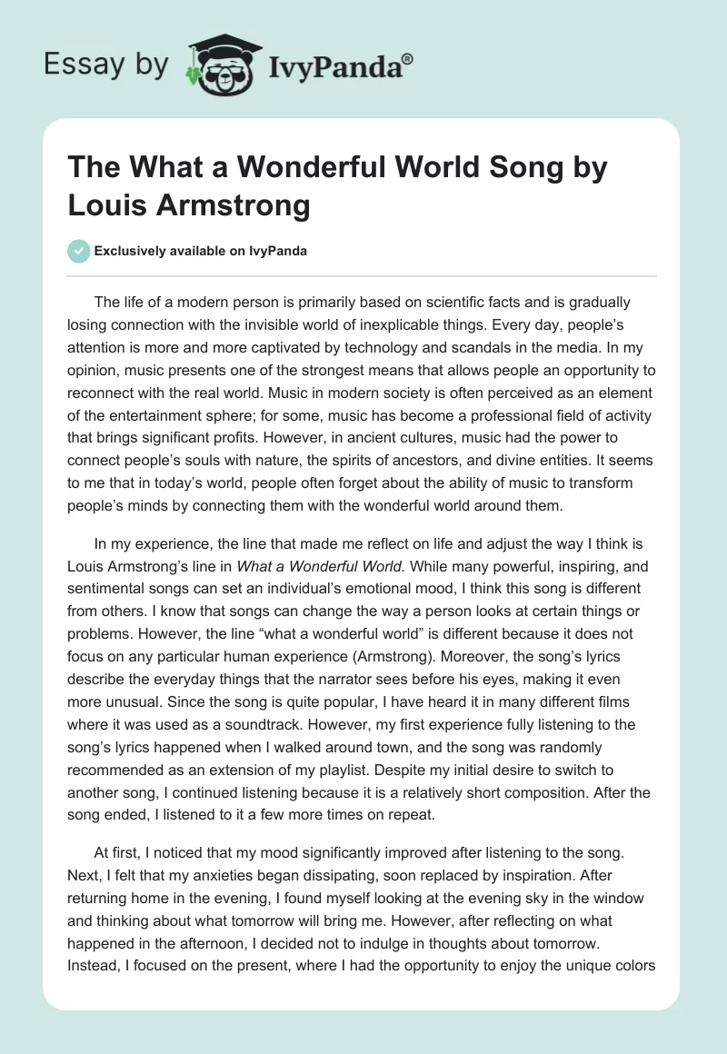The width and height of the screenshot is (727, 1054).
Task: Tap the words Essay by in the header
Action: coord(108,65)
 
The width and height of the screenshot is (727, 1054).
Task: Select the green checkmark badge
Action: coord(80,251)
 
